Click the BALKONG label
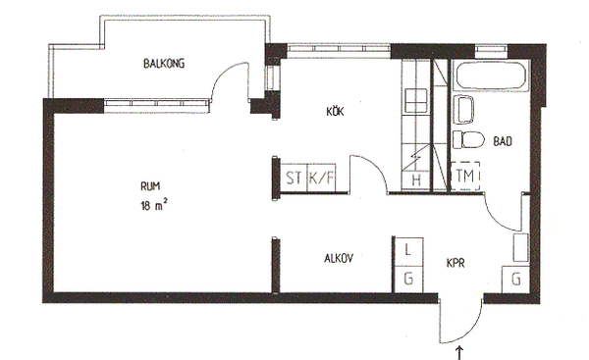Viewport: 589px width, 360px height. click(x=164, y=63)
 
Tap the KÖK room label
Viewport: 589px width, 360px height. click(x=335, y=112)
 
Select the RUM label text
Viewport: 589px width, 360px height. click(x=150, y=185)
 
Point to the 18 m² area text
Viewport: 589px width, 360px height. click(x=154, y=205)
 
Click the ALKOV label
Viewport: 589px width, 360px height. click(x=339, y=258)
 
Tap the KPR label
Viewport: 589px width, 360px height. click(x=455, y=263)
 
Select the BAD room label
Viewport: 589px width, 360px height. click(x=503, y=141)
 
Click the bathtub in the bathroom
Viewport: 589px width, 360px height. click(x=490, y=77)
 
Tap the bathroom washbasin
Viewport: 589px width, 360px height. click(x=464, y=110)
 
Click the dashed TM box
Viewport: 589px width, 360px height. click(x=465, y=176)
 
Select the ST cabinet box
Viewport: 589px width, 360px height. click(x=294, y=178)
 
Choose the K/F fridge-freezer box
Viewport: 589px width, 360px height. click(x=322, y=178)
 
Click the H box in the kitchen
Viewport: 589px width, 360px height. click(x=416, y=180)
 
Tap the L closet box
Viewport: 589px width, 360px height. click(x=408, y=251)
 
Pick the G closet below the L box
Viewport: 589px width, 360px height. click(x=408, y=279)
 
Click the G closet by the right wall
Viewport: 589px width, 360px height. click(x=515, y=280)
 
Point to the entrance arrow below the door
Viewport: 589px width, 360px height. click(x=459, y=353)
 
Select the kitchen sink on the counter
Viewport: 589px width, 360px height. click(x=415, y=100)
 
